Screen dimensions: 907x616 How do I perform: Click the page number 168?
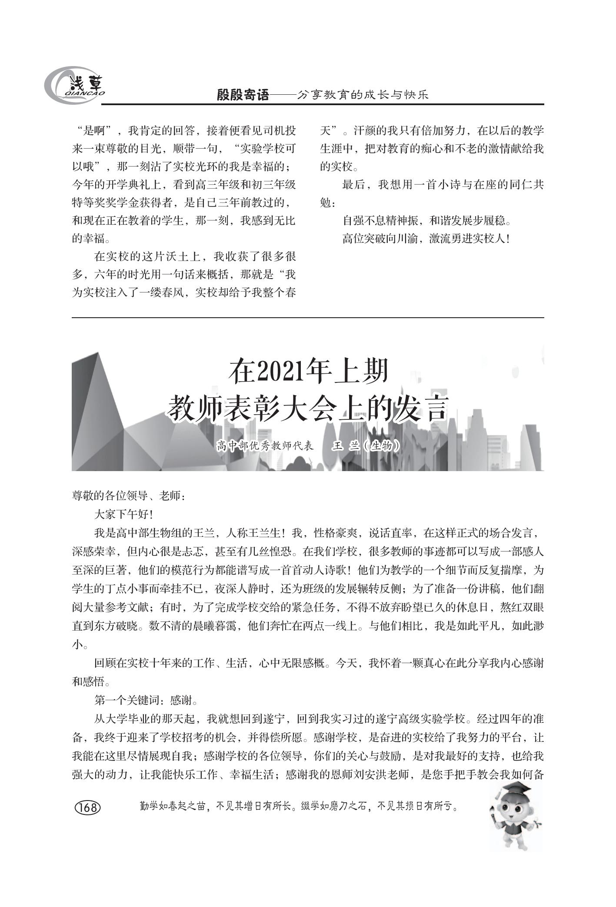(88, 807)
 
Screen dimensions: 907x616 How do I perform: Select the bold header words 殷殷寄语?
(243, 95)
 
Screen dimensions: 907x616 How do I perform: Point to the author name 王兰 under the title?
(346, 446)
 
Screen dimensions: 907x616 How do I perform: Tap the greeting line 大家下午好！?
(123, 515)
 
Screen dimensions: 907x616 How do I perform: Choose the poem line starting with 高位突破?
(426, 239)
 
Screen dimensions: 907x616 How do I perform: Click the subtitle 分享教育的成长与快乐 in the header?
(363, 95)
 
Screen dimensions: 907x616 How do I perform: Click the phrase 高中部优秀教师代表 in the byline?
(265, 446)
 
